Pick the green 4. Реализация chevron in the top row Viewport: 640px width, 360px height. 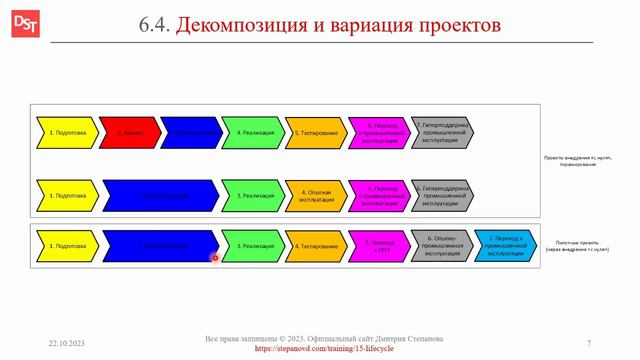[x=253, y=132]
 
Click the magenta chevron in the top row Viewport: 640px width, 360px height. [x=380, y=132]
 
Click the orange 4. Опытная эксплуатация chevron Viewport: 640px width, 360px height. [x=316, y=195]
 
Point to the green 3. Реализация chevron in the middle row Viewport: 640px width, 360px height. [x=253, y=195]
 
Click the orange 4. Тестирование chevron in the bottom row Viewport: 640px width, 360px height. [x=316, y=245]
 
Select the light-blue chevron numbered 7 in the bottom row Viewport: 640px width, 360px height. [x=505, y=245]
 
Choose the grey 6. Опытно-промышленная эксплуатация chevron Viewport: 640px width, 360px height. [x=442, y=245]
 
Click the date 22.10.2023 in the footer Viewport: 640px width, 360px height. [x=66, y=343]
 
